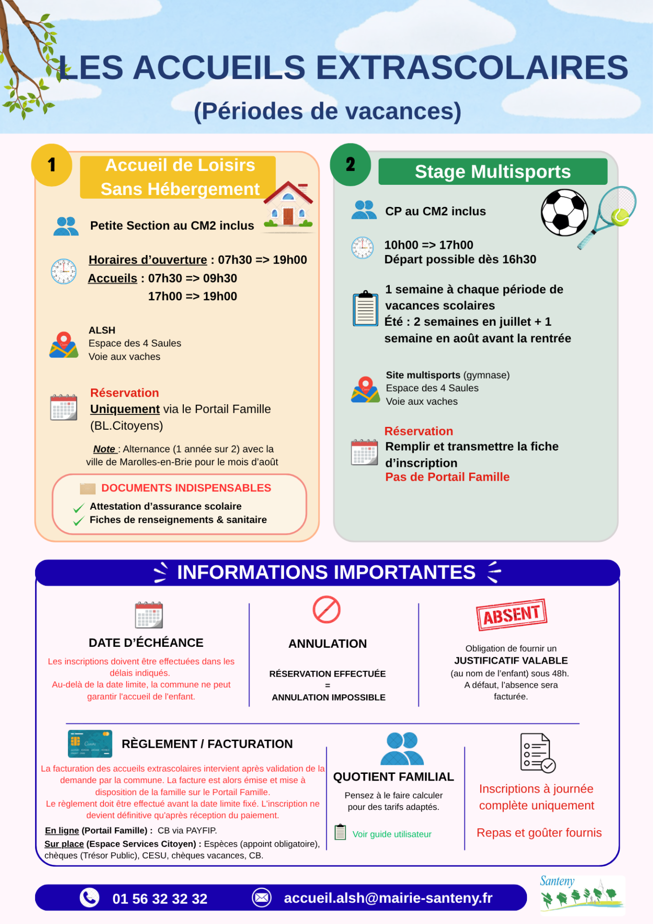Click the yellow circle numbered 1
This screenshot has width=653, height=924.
tap(51, 165)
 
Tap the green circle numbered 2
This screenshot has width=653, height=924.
tap(350, 165)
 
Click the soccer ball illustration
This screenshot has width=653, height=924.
tap(564, 212)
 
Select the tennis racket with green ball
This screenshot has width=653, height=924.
tap(607, 217)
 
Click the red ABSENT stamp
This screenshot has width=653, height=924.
tap(512, 615)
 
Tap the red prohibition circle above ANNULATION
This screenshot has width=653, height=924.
tap(327, 610)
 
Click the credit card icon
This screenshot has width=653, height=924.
tap(90, 744)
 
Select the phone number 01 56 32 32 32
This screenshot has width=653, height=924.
tap(160, 898)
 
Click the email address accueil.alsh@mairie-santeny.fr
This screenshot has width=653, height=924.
tap(388, 898)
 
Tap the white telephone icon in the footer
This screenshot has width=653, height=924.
tap(90, 898)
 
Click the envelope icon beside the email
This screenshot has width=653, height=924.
tap(262, 898)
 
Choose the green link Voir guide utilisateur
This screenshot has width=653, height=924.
tap(392, 834)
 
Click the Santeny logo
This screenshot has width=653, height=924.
tap(582, 894)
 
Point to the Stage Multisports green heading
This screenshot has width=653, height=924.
tap(493, 172)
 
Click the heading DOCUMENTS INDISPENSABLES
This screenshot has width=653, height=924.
tap(186, 488)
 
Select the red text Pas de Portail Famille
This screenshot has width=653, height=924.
tap(448, 477)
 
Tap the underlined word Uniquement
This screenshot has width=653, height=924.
tap(125, 409)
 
